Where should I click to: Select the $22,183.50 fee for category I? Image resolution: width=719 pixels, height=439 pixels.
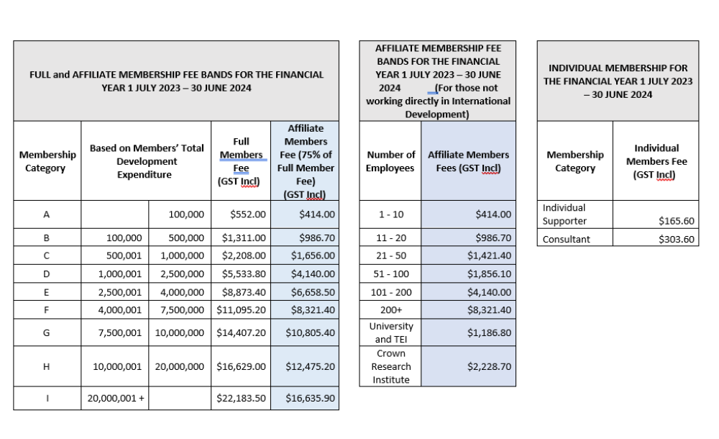pyautogui.click(x=242, y=398)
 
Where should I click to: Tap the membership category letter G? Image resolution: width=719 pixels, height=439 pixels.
pyautogui.click(x=47, y=333)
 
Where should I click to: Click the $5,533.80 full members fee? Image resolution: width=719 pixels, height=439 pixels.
pyautogui.click(x=242, y=273)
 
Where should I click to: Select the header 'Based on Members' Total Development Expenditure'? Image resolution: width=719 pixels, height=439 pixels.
pyautogui.click(x=147, y=161)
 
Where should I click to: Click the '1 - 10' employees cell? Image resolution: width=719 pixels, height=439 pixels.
pyautogui.click(x=390, y=214)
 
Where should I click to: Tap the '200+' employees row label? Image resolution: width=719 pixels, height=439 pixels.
pyautogui.click(x=390, y=310)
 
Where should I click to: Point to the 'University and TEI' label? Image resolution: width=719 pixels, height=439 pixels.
pyautogui.click(x=390, y=332)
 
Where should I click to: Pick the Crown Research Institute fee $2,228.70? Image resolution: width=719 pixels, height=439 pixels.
pyautogui.click(x=489, y=366)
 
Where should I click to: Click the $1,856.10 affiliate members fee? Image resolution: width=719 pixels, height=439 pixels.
pyautogui.click(x=489, y=273)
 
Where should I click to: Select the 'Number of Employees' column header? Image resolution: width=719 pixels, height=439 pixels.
pyautogui.click(x=390, y=161)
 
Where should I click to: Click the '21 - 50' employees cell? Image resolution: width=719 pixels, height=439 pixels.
pyautogui.click(x=390, y=255)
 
